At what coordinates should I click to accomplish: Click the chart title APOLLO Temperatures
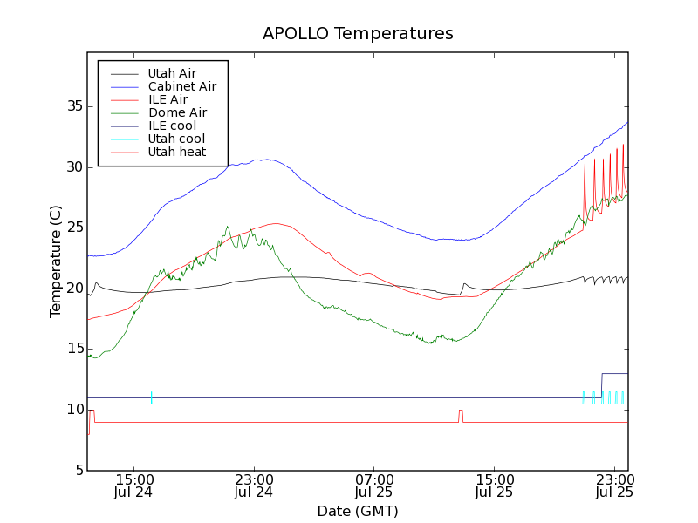358,34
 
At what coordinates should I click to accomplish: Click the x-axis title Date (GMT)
358,511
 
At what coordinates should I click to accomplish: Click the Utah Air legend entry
172,73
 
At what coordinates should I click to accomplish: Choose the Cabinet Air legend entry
181,86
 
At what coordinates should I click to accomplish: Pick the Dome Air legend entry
177,112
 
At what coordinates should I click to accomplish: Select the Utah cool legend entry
176,139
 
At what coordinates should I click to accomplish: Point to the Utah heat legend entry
177,152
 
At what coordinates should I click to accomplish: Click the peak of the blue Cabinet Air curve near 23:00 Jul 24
264,160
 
